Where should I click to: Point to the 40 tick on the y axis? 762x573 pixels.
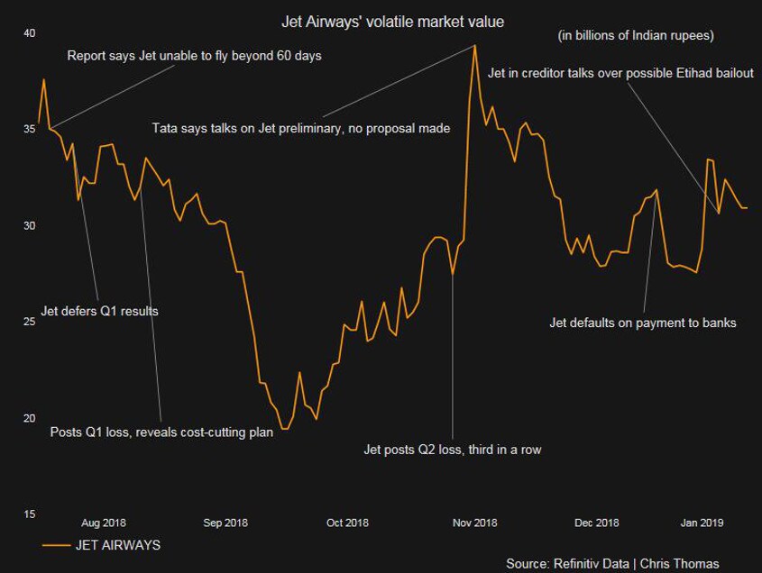coord(29,33)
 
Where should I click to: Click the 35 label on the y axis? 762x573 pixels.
coord(29,129)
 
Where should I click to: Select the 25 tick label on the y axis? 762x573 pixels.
coord(29,322)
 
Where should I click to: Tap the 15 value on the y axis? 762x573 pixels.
coord(29,514)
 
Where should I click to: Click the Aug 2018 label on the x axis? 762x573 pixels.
coord(104,523)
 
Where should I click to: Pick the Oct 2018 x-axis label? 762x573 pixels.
coord(347,523)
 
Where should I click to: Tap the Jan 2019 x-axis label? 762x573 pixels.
coord(702,523)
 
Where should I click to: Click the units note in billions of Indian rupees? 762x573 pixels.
coord(636,36)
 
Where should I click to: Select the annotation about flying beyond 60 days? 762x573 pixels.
coord(195,56)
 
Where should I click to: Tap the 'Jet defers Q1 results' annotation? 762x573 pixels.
coord(100,312)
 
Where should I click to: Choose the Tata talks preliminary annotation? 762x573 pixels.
coord(301,129)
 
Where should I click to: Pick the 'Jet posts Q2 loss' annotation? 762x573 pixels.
coord(452,449)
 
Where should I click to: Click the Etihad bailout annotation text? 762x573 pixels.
coord(620,73)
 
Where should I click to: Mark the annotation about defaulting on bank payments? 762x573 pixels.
coord(643,323)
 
